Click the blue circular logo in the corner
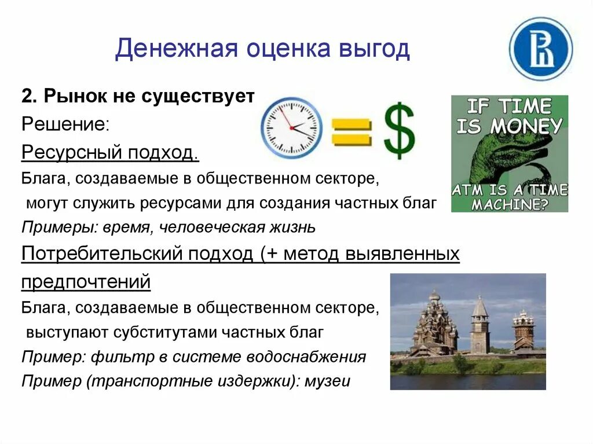pos(540,49)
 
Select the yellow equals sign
pos(350,131)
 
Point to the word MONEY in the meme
pos(525,126)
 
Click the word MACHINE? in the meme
pos(510,204)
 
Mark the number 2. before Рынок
pos(30,96)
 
